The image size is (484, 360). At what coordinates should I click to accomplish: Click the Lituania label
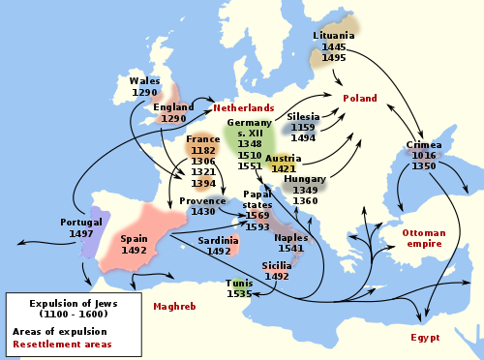click(x=334, y=36)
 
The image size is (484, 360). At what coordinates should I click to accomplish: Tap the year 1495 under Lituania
click(x=334, y=58)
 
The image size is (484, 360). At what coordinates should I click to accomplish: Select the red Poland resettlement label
click(x=359, y=98)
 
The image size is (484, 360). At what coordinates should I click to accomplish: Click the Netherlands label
click(x=243, y=107)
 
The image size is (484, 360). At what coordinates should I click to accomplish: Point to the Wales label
click(x=144, y=81)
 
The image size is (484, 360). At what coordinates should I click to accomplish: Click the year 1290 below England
click(x=173, y=119)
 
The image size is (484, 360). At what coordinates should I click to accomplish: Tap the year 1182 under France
click(x=202, y=151)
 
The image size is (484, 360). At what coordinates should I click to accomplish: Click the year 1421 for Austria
click(x=283, y=168)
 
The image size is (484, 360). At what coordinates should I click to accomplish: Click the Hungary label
click(x=305, y=179)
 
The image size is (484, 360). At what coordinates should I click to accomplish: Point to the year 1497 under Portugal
click(x=81, y=233)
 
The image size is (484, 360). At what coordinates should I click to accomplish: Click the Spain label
click(x=135, y=238)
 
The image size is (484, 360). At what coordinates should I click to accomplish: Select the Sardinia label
click(x=218, y=239)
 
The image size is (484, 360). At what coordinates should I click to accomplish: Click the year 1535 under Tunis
click(x=239, y=294)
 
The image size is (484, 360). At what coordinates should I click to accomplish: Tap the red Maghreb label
click(x=174, y=307)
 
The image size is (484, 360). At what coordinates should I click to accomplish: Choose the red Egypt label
click(x=424, y=338)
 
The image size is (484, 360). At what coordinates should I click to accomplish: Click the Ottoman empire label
click(x=422, y=238)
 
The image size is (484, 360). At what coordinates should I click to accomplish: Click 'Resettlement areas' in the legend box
click(x=61, y=344)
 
